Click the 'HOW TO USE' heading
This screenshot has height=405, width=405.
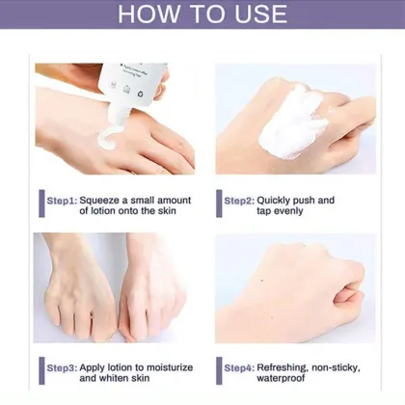[202, 13]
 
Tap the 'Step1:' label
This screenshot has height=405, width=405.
[62, 201]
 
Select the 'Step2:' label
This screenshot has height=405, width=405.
[239, 201]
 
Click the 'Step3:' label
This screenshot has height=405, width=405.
[62, 367]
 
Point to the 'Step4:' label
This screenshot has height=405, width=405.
[239, 367]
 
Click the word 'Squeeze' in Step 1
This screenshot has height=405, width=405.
[102, 201]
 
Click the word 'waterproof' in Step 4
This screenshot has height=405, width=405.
[288, 379]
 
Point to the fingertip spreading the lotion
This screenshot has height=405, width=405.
[313, 94]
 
